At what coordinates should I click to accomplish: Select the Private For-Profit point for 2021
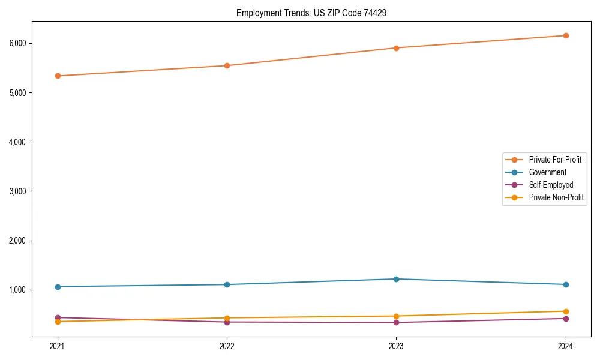click(58, 76)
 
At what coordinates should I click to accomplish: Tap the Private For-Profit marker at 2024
click(566, 35)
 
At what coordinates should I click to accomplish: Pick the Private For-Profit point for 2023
click(396, 48)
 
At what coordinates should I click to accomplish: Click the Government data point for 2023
click(396, 279)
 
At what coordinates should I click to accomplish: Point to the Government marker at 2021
click(58, 287)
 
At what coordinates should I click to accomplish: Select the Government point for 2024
click(566, 284)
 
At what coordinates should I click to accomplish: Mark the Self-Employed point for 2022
click(227, 322)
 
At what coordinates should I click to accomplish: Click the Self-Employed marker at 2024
click(566, 319)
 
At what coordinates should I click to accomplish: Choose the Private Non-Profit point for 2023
click(396, 316)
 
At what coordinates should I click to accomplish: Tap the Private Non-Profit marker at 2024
click(566, 311)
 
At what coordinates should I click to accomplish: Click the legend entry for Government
click(547, 172)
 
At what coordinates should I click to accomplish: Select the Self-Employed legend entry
click(551, 185)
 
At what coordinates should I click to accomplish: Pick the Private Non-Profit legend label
click(556, 197)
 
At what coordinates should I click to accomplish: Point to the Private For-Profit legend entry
click(555, 160)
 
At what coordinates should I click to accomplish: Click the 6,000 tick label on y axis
click(18, 43)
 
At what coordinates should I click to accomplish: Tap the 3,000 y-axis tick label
click(18, 191)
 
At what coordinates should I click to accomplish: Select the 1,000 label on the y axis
click(18, 290)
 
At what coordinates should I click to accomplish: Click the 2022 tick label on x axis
click(227, 346)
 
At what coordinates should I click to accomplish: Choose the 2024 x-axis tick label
click(566, 346)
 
